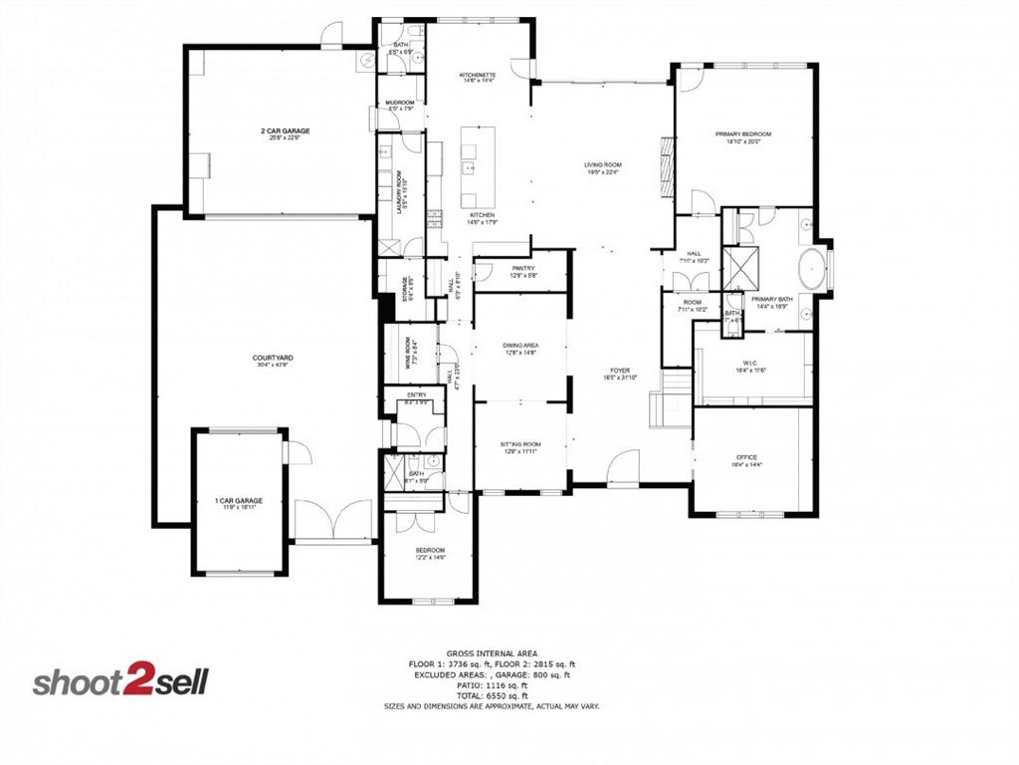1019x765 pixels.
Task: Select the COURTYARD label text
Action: point(272,357)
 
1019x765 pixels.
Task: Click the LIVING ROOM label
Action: point(602,164)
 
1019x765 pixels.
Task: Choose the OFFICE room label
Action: point(746,457)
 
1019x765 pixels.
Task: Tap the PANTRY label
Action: point(523,268)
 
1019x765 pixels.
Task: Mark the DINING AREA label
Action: point(523,345)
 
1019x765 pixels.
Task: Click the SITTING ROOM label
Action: point(519,444)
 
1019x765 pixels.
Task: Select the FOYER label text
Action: point(620,371)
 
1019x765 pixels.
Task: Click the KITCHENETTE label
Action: point(478,76)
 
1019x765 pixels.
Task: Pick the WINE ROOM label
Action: point(408,354)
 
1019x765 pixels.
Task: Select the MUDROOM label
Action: point(400,102)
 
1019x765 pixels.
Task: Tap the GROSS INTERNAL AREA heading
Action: point(492,652)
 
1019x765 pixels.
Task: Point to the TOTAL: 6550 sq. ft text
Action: point(492,695)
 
